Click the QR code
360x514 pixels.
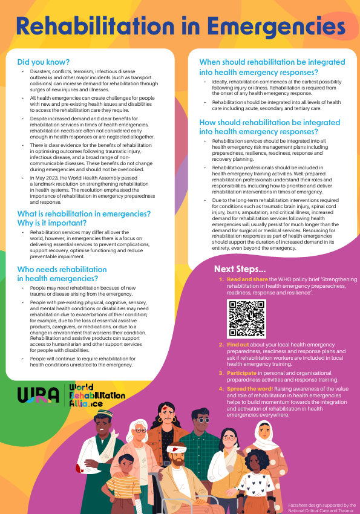tap(246, 318)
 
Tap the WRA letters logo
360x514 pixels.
tap(39, 394)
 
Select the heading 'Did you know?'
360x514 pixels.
tap(43, 62)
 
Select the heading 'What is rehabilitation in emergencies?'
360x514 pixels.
tap(84, 213)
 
